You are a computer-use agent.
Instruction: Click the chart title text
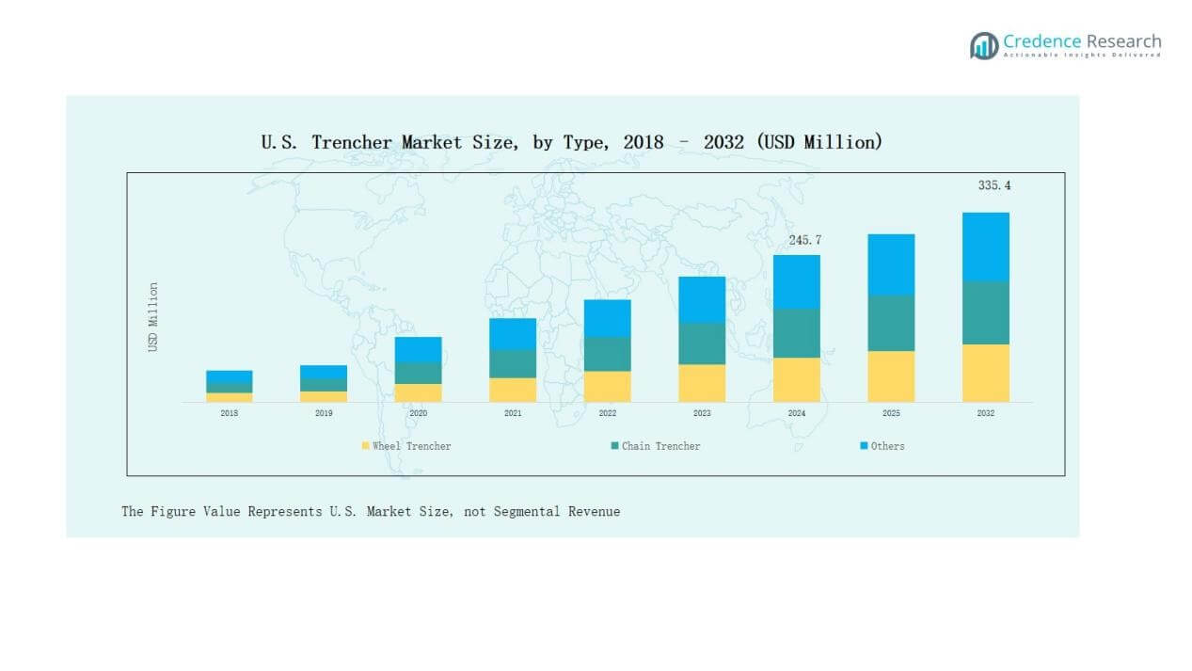[x=571, y=142]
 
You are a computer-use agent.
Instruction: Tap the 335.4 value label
[x=993, y=185]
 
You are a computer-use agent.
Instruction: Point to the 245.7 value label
[x=804, y=240]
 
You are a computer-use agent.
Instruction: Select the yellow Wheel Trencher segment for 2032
[x=985, y=373]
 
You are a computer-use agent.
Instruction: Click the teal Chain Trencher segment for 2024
[x=796, y=333]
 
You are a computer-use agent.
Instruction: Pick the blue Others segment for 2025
[x=890, y=264]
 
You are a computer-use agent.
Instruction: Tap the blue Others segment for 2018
[x=230, y=377]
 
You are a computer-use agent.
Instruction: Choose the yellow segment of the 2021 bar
[x=513, y=390]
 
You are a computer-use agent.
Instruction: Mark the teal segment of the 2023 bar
[x=702, y=343]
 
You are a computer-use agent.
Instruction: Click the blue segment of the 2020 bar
[x=418, y=349]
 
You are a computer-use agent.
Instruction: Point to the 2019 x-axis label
[x=324, y=413]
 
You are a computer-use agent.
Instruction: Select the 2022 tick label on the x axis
[x=607, y=413]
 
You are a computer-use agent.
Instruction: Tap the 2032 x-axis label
[x=985, y=413]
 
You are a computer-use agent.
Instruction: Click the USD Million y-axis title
[x=152, y=317]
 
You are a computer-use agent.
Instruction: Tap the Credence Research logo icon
[x=984, y=45]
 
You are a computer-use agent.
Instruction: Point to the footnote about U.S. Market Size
[x=371, y=511]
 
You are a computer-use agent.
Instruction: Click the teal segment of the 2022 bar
[x=607, y=354]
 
